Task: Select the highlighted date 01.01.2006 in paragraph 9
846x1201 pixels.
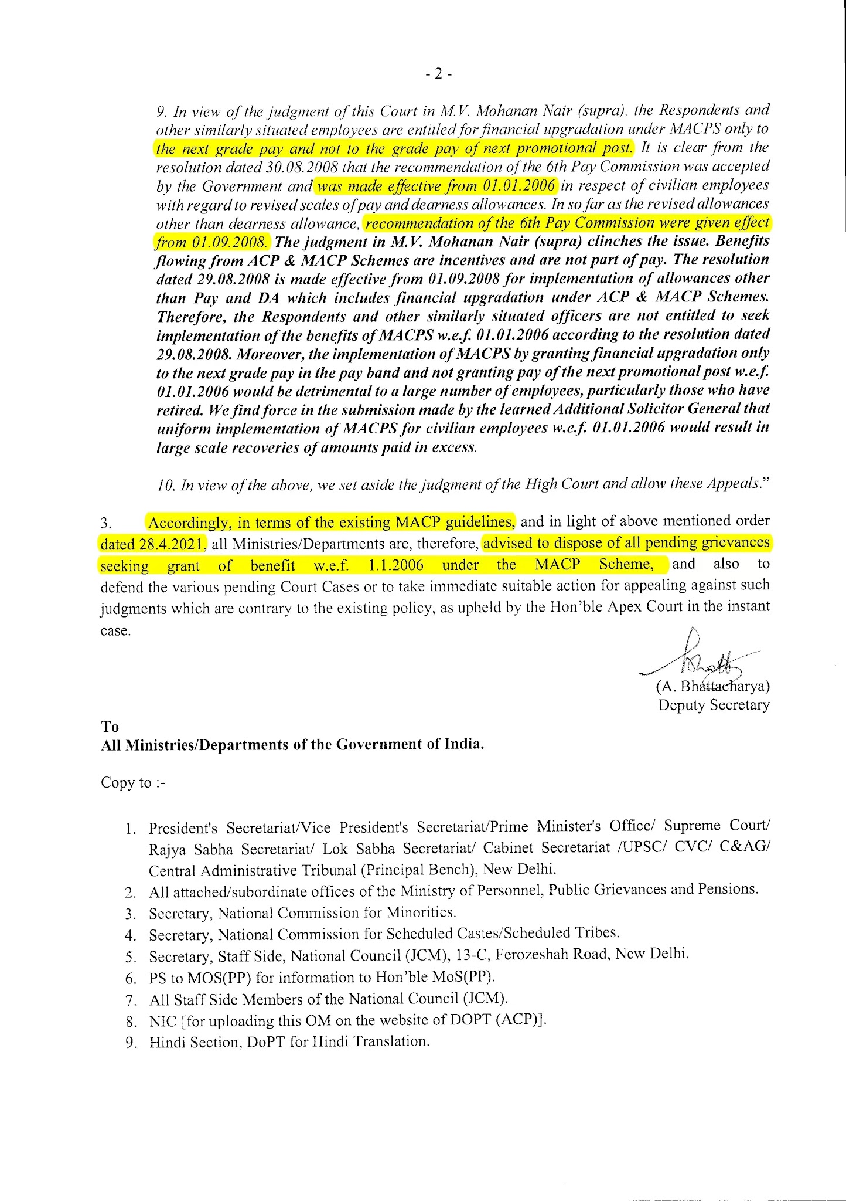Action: (x=519, y=186)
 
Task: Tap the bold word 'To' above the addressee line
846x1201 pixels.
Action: (x=110, y=727)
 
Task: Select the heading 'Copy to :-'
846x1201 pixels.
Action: (x=133, y=782)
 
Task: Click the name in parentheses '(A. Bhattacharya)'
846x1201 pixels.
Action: (x=712, y=686)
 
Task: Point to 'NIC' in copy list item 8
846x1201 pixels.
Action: (x=163, y=1020)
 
